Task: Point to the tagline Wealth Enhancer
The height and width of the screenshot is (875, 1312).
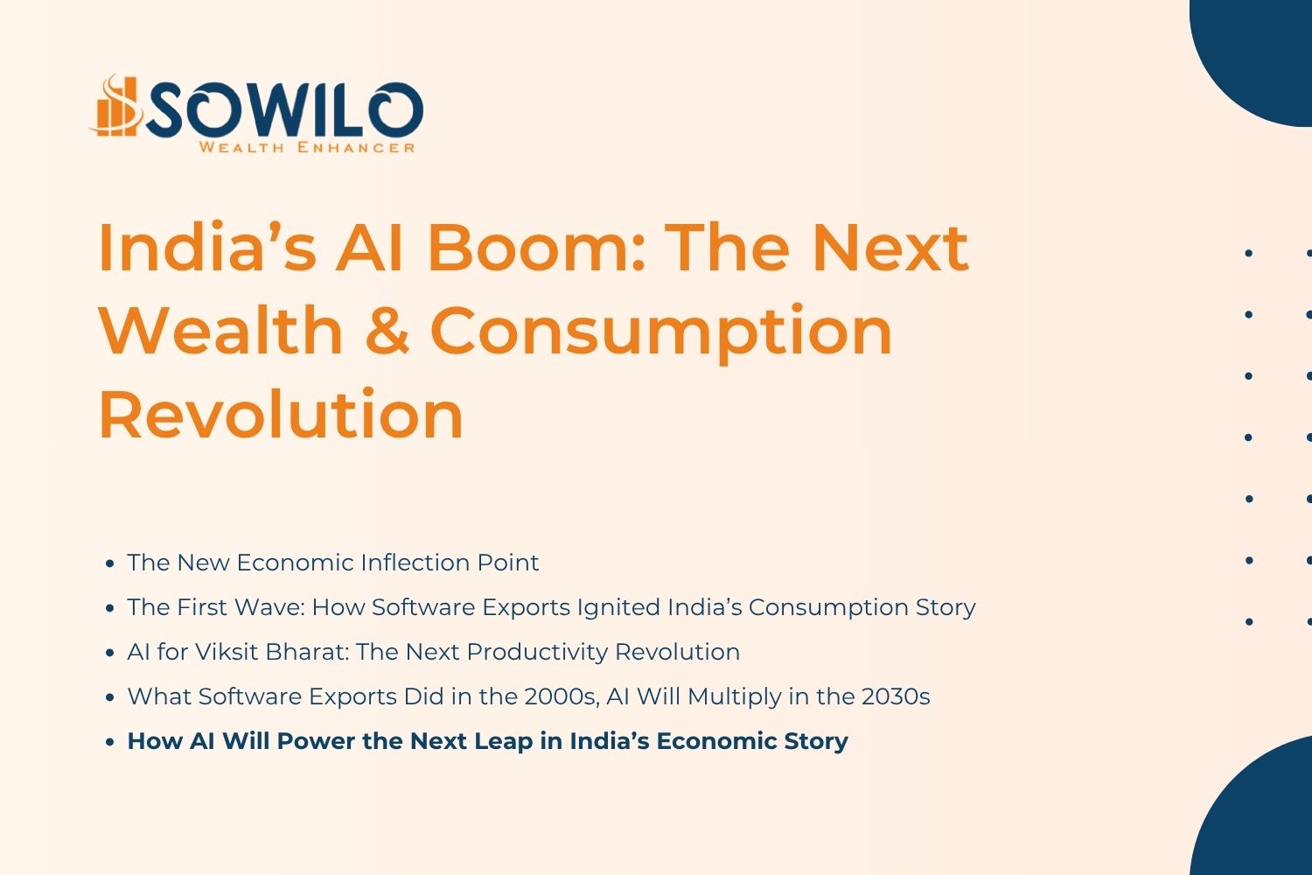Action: coord(306,147)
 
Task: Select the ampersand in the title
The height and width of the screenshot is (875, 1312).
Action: coord(387,331)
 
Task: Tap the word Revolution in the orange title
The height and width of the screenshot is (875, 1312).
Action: coord(281,414)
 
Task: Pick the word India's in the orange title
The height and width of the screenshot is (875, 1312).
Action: coord(206,248)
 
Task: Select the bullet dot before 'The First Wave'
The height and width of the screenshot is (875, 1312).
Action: coord(109,607)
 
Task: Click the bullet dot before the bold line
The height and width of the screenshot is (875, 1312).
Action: coord(109,742)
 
